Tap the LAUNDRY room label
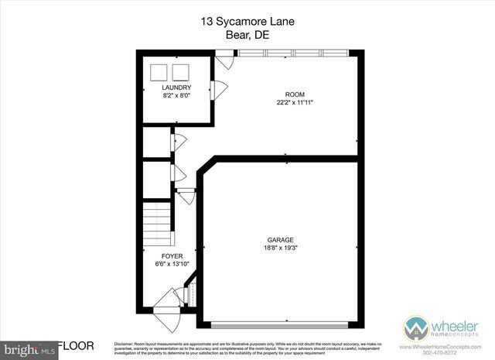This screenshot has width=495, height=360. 176,87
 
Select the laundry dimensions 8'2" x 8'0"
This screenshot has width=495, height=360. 176,95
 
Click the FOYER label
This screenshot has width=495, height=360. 172,255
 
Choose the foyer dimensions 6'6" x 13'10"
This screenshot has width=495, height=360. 172,263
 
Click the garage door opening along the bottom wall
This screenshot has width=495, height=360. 281,321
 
